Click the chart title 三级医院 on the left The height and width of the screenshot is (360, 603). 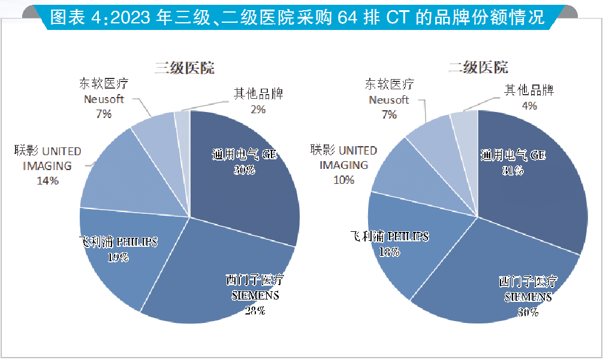[185, 67]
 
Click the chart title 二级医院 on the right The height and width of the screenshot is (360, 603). [478, 67]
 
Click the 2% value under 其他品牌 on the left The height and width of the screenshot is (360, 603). [258, 109]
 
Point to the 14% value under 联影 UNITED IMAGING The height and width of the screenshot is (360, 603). [47, 180]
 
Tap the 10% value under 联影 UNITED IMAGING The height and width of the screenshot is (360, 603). [344, 180]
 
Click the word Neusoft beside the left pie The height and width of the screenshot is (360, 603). [104, 99]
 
